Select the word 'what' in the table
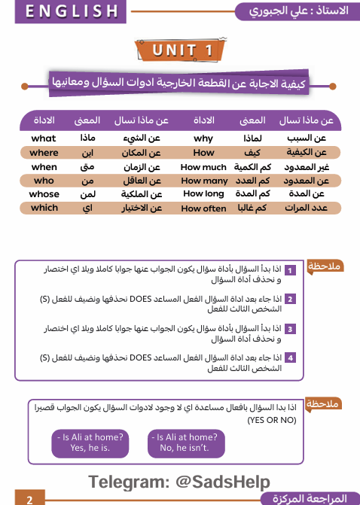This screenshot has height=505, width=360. click(x=44, y=138)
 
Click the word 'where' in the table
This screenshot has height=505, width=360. click(x=44, y=152)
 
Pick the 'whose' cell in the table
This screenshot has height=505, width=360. click(x=44, y=193)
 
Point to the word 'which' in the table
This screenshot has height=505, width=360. click(x=44, y=208)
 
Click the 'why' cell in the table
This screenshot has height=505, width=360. click(x=203, y=138)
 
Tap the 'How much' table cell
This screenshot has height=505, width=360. click(x=203, y=166)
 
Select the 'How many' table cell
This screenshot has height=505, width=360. click(x=204, y=181)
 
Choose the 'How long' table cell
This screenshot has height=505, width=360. click(x=203, y=194)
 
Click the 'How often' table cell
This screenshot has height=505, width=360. click(x=203, y=208)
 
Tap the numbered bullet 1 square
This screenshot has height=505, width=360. click(x=289, y=269)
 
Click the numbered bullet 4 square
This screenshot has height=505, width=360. click(x=289, y=357)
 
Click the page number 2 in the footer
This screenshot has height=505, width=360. click(x=29, y=499)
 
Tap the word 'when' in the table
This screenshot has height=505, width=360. click(x=44, y=166)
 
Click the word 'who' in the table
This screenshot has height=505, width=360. click(x=44, y=181)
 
